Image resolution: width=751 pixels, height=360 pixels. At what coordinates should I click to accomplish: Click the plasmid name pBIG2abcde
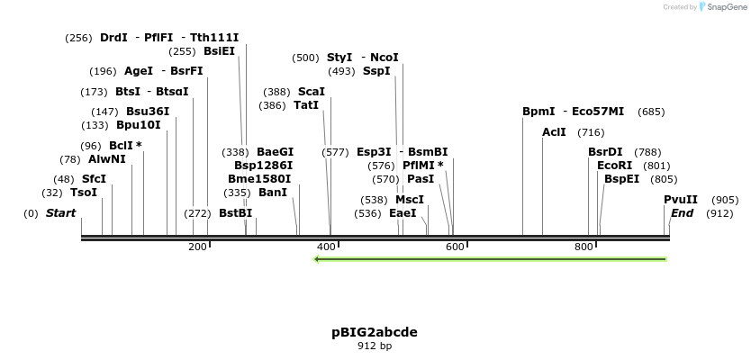pyautogui.click(x=374, y=332)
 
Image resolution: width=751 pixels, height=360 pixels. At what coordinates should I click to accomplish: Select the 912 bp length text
pyautogui.click(x=374, y=346)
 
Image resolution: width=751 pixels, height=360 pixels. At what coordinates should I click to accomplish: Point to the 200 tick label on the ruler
pyautogui.click(x=197, y=247)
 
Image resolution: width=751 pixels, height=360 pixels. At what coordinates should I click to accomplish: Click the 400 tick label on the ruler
pyautogui.click(x=326, y=247)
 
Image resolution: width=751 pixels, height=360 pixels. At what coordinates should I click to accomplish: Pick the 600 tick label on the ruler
pyautogui.click(x=455, y=247)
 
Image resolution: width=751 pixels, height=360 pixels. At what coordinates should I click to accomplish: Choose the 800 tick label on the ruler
pyautogui.click(x=584, y=247)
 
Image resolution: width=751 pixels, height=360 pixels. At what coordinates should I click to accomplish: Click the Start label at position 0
pyautogui.click(x=60, y=213)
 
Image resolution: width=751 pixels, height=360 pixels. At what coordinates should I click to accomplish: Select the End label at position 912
pyautogui.click(x=682, y=213)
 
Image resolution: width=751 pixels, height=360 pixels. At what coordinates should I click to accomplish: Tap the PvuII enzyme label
pyautogui.click(x=681, y=200)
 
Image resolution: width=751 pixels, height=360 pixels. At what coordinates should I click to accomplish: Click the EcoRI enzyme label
pyautogui.click(x=614, y=166)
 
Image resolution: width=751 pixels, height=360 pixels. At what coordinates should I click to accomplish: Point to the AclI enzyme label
pyautogui.click(x=554, y=132)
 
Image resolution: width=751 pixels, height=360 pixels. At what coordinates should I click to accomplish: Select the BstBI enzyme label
pyautogui.click(x=235, y=213)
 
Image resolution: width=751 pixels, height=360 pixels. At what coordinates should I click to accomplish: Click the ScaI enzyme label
pyautogui.click(x=311, y=92)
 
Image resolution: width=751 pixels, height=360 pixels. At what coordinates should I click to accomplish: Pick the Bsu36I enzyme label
pyautogui.click(x=148, y=112)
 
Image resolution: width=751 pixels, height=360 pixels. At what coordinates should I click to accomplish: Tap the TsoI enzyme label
pyautogui.click(x=84, y=193)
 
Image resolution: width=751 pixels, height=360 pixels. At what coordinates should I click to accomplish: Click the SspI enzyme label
pyautogui.click(x=376, y=71)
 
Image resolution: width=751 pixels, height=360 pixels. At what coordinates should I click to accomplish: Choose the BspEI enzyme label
pyautogui.click(x=621, y=179)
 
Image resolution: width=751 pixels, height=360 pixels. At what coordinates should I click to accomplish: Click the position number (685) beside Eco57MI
pyautogui.click(x=651, y=112)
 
